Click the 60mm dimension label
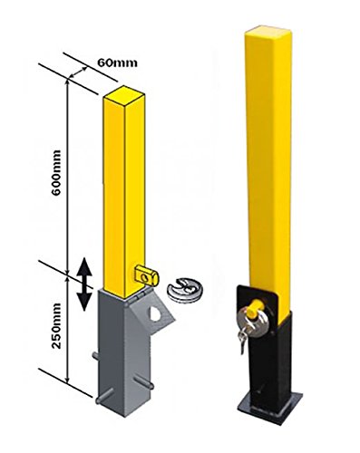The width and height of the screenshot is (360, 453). (112, 63)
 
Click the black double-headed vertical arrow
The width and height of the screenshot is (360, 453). (83, 284)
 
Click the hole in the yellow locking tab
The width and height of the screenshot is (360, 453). (148, 270)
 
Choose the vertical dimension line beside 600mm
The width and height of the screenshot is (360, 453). (69, 172)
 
